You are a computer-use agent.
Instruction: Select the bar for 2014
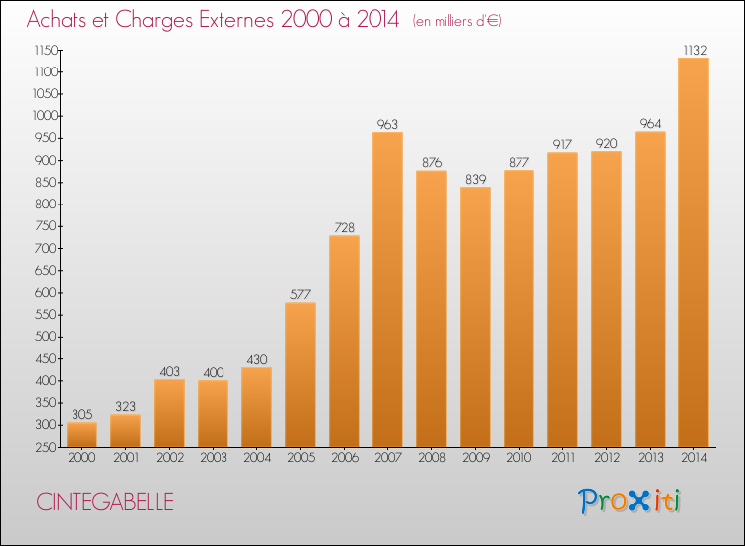[x=693, y=252]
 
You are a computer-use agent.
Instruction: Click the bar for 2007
[x=387, y=289]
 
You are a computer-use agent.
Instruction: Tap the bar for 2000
[x=81, y=435]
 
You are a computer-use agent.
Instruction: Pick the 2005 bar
[x=300, y=374]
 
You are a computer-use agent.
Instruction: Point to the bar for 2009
[x=475, y=317]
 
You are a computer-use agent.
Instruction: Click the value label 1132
[x=695, y=50]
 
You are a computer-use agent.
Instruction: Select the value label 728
[x=344, y=228]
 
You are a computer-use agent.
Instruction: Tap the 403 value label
[x=169, y=371]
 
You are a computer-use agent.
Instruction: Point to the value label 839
[x=475, y=179]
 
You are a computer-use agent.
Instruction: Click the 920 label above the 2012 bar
[x=606, y=143]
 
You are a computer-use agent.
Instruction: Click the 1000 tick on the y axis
[x=45, y=116]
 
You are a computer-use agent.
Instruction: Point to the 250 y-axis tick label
[x=46, y=448]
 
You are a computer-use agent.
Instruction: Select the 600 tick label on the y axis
[x=46, y=293]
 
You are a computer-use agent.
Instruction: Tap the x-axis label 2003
[x=214, y=458]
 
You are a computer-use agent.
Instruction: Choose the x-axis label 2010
[x=519, y=458]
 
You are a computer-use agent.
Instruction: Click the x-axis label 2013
[x=650, y=458]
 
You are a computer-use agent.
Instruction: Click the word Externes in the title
[x=236, y=20]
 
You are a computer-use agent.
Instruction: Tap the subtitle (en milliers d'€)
[x=457, y=21]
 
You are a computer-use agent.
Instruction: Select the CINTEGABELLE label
[x=104, y=502]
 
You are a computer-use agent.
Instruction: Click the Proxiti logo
[x=630, y=501]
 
